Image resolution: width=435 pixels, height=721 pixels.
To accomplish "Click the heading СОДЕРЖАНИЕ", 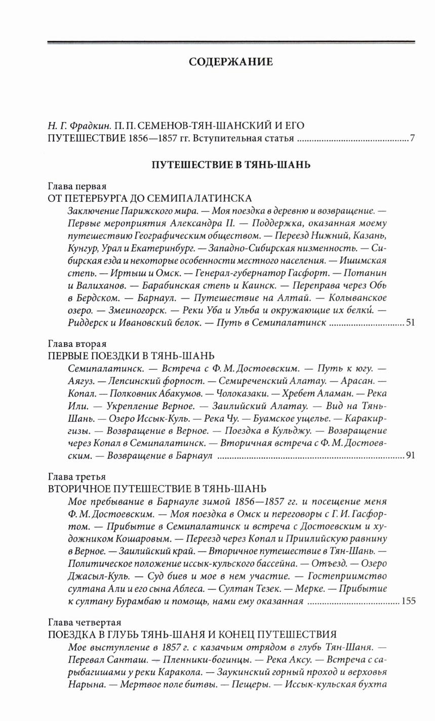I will (230, 62).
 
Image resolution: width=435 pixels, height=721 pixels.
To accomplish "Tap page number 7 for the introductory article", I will (412, 138).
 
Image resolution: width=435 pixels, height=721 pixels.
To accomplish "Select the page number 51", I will (410, 322).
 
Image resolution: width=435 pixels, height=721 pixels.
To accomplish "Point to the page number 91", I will (410, 455).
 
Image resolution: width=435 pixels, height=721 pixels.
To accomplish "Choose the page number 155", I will (408, 601).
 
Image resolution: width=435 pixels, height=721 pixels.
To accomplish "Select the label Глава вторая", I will (77, 343).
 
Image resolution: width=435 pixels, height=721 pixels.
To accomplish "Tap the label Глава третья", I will (76, 477).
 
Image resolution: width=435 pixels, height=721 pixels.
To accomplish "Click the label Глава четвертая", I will (84, 622).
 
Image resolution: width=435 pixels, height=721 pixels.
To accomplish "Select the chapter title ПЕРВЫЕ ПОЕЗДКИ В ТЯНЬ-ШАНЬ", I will (131, 355).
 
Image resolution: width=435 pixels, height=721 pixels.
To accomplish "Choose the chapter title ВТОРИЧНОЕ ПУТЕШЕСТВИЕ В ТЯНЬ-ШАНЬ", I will (156, 489).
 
